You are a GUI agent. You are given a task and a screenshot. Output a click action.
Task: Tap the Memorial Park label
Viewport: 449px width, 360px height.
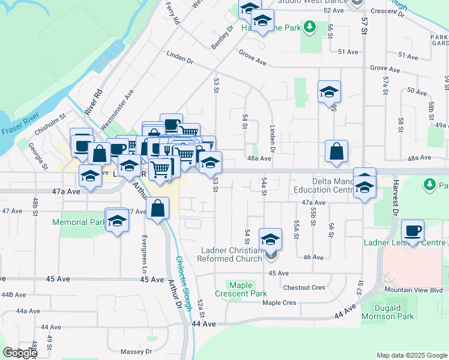point(79,222)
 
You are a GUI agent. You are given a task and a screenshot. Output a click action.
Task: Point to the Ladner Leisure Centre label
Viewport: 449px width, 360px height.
point(405,242)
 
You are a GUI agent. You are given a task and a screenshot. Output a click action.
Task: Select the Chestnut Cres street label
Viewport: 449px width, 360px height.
point(304,288)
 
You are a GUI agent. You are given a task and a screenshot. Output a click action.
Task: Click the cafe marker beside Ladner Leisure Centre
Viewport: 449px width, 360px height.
point(412,230)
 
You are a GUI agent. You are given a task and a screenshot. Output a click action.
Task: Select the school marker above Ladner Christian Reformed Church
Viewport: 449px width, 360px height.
point(271,239)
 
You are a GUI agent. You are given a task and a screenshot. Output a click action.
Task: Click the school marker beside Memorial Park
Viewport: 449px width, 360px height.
point(117,220)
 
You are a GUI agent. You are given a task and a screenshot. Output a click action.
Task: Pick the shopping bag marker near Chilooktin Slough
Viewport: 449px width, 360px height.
point(157,209)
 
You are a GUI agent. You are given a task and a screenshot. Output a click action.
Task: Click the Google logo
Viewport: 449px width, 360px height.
point(20,353)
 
